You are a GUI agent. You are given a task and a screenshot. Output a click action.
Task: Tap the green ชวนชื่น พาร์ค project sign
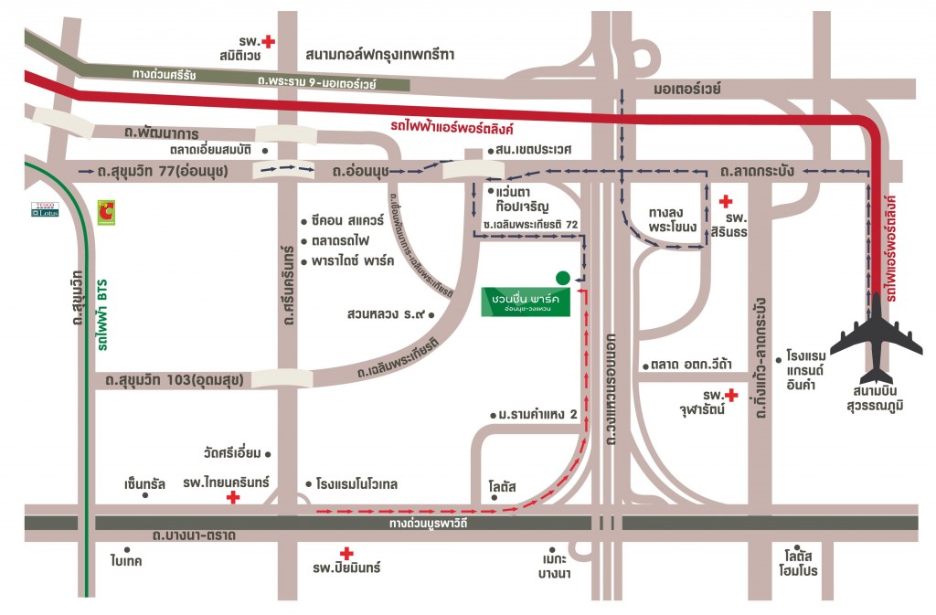(526, 302)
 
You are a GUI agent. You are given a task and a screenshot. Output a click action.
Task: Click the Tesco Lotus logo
(44, 209)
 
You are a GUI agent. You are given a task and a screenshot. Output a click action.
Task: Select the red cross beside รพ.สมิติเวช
(269, 41)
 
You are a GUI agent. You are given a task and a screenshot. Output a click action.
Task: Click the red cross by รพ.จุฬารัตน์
(730, 395)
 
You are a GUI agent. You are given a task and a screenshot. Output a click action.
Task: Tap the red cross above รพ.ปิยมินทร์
(346, 553)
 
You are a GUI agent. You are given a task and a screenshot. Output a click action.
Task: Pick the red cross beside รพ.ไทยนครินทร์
(233, 497)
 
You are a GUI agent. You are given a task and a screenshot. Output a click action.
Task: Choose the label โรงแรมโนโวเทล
(356, 483)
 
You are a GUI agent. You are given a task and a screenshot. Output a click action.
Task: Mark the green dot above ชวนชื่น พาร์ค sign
(562, 277)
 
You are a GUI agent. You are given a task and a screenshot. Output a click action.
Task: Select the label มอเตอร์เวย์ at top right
(688, 89)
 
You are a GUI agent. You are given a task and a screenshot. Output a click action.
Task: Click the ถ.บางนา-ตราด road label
(196, 535)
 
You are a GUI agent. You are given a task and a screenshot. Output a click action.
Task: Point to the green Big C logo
(107, 211)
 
